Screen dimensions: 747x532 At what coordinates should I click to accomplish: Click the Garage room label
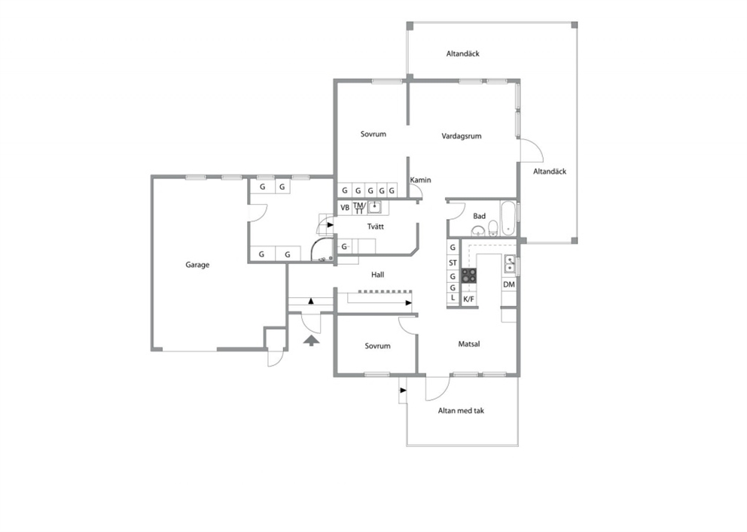[x=197, y=265]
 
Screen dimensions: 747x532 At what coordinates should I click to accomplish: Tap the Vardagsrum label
[x=461, y=136]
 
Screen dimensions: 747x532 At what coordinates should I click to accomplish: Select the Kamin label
[x=421, y=180]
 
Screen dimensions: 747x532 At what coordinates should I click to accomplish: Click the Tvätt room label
[x=376, y=226]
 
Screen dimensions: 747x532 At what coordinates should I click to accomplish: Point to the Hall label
[x=378, y=275]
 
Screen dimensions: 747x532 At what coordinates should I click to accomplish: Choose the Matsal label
[x=469, y=344]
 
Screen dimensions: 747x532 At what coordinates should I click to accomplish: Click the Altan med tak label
[x=461, y=411]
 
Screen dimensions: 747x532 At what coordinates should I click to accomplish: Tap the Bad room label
[x=479, y=216]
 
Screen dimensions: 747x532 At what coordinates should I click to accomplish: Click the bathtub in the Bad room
[x=508, y=218]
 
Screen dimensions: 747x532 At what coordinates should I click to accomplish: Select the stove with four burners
[x=468, y=275]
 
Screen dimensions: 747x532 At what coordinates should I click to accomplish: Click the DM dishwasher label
[x=509, y=284]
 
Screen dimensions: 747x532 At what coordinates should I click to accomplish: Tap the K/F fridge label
[x=469, y=299]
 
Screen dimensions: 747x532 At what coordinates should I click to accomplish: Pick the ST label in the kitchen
[x=453, y=263]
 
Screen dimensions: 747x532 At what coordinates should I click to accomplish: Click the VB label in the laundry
[x=345, y=208]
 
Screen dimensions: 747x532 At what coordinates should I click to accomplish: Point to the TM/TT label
[x=359, y=208]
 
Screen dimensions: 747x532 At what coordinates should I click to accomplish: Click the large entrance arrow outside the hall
[x=311, y=340]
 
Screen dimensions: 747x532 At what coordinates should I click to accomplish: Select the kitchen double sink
[x=510, y=264]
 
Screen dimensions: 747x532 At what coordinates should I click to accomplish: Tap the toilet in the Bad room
[x=492, y=229]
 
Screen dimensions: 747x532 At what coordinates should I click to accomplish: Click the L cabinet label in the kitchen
[x=453, y=298]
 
